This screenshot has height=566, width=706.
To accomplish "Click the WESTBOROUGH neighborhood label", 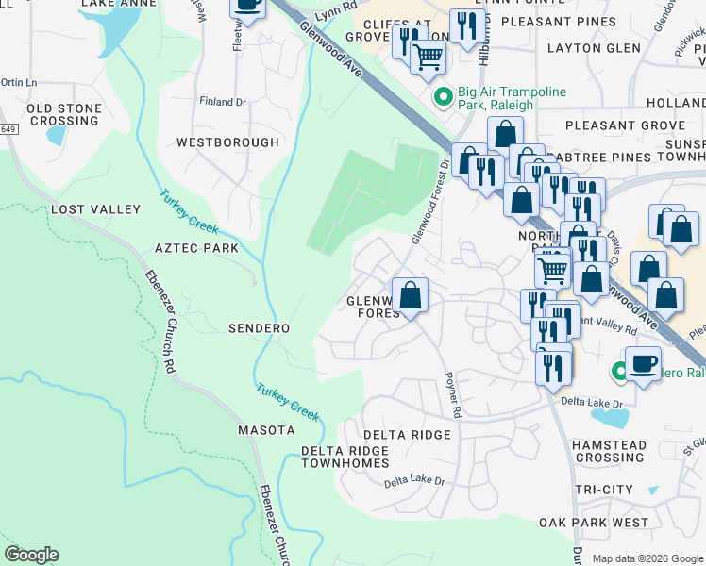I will [227, 142].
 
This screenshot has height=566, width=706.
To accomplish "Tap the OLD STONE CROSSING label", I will [64, 115].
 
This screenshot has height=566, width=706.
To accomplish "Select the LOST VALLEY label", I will [95, 209].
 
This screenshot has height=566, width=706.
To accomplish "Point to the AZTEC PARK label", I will [196, 248].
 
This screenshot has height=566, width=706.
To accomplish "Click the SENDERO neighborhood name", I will [259, 327].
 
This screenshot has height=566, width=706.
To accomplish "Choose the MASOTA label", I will [265, 430].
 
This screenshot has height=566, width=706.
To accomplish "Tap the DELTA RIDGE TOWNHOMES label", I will [345, 457].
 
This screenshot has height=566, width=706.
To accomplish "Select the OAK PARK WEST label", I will [594, 523].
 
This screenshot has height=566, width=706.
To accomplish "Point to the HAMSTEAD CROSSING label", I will [610, 451].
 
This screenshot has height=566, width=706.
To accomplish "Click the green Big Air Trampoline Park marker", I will [441, 96].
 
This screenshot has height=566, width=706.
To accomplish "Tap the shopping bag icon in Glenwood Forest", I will [411, 296].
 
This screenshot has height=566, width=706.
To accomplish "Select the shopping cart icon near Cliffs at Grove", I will [429, 57].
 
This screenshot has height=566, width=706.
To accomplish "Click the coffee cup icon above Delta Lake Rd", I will [644, 362].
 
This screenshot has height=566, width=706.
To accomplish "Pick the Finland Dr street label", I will [222, 102].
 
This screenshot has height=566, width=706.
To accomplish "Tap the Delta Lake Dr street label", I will [413, 481].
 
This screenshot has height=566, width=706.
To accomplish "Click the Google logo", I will [31, 555].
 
